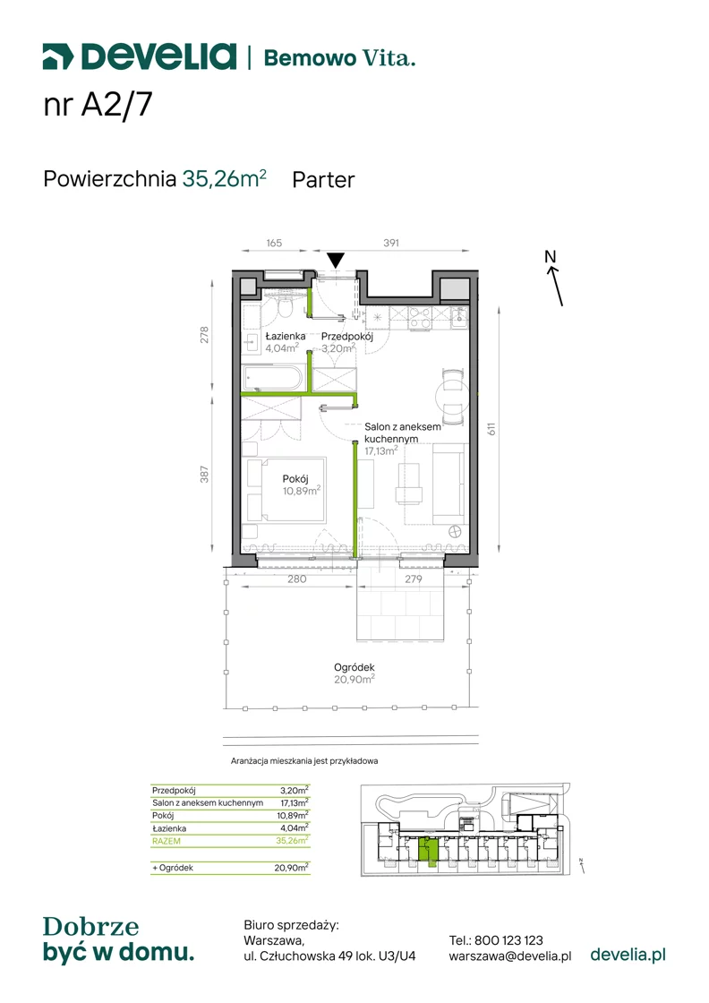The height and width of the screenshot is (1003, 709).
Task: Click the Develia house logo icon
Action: (x=58, y=56)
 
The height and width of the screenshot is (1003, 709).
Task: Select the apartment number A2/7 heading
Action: (x=98, y=105)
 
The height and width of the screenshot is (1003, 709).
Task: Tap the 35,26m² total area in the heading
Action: (x=224, y=178)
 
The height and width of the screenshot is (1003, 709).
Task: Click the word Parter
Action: (x=323, y=180)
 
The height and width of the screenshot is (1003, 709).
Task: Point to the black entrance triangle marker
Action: (x=336, y=260)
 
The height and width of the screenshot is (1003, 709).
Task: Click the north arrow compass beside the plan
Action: (x=554, y=279)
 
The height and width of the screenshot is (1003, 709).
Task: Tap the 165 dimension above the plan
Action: (x=274, y=243)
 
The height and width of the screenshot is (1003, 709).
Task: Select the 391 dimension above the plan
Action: (x=391, y=243)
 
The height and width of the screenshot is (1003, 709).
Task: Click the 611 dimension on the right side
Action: (x=491, y=429)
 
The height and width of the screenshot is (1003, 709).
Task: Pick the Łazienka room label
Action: (x=286, y=336)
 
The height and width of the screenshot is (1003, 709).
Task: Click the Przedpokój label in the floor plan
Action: (x=347, y=336)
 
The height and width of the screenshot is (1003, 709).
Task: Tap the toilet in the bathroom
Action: (x=286, y=304)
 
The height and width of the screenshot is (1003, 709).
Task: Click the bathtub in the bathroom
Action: (x=272, y=377)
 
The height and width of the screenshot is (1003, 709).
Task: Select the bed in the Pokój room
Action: (x=286, y=489)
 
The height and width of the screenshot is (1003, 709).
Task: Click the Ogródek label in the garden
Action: (x=354, y=667)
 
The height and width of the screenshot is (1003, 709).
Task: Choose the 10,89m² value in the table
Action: (x=293, y=816)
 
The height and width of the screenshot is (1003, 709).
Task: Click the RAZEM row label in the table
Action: (x=167, y=841)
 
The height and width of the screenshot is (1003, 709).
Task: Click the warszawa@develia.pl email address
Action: (x=510, y=956)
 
